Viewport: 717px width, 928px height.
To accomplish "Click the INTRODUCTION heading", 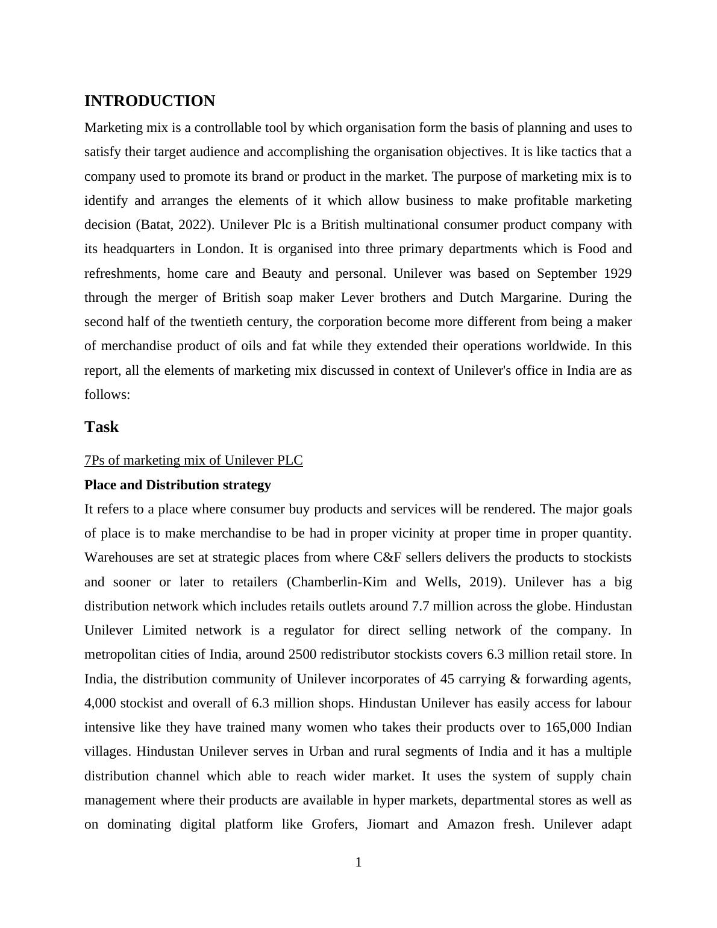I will click(x=149, y=101).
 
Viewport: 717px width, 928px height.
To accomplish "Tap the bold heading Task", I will click(x=101, y=427).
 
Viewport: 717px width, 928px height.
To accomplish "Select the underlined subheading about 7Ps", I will click(x=193, y=460).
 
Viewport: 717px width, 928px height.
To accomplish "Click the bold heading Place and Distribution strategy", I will click(x=178, y=485).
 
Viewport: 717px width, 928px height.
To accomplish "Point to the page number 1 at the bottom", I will click(x=358, y=862).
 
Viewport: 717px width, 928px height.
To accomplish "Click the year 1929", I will click(x=616, y=274).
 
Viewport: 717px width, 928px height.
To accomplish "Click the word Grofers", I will click(x=330, y=824).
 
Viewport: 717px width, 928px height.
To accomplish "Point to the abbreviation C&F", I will click(x=387, y=557).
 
